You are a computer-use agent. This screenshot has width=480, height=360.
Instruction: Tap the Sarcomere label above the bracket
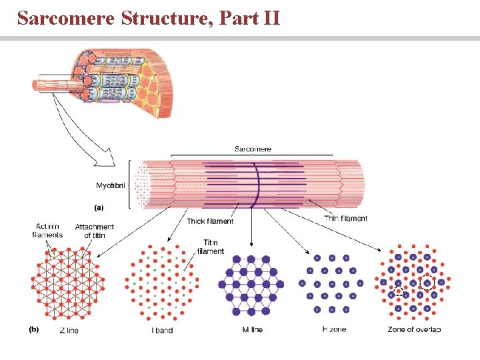253,149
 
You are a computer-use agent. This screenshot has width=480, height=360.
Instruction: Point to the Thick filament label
210,221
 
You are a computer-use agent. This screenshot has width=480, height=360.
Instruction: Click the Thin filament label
345,218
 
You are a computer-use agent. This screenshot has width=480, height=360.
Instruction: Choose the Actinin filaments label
47,231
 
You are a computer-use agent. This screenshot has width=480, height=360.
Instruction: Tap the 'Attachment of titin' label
95,231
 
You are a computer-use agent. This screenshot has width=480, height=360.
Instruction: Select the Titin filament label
211,247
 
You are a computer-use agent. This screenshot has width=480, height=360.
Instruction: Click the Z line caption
69,330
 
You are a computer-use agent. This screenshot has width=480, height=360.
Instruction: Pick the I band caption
162,330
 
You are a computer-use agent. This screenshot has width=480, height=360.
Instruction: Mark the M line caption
250,330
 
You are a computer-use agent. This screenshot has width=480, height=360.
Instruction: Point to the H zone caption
333,330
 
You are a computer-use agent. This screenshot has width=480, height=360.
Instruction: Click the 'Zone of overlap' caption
413,330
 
